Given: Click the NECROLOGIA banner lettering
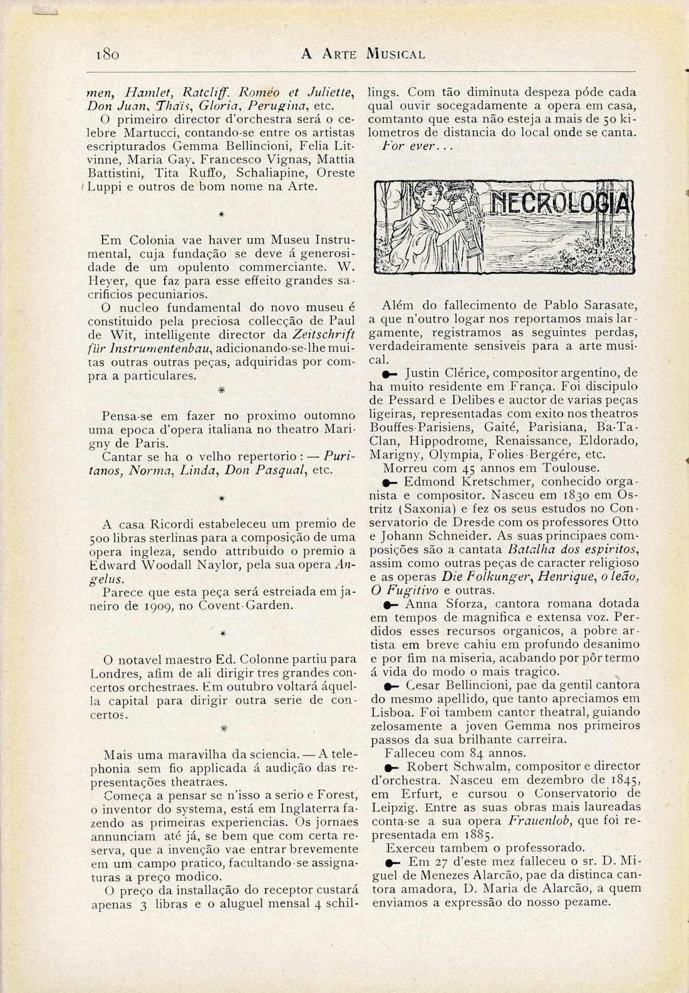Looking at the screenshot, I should [x=559, y=204].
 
